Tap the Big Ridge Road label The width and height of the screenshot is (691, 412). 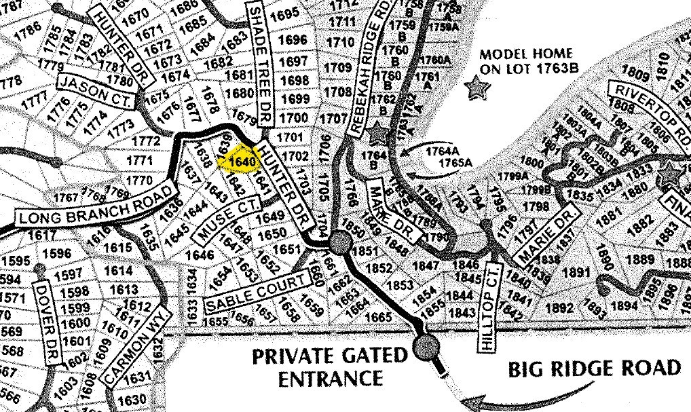[594, 369]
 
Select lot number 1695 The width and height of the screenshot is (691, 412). [288, 14]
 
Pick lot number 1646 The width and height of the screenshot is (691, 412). [200, 255]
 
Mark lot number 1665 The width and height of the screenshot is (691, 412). [378, 316]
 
